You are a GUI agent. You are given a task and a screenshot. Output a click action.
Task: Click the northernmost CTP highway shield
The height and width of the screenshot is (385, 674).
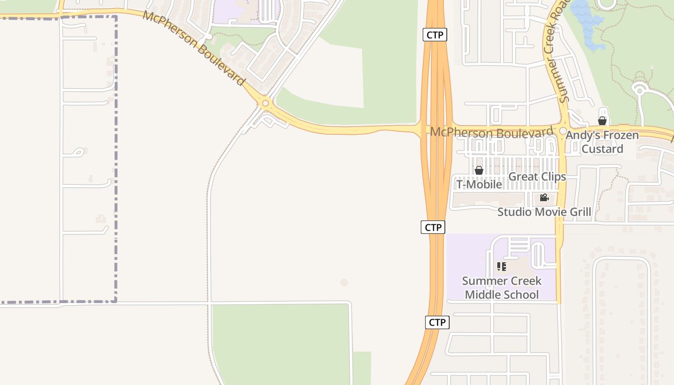click(x=435, y=35)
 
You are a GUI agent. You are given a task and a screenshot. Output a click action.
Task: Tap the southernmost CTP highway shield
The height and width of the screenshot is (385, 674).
click(x=437, y=322)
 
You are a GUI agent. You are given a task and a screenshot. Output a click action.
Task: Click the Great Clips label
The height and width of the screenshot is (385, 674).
click(x=537, y=177)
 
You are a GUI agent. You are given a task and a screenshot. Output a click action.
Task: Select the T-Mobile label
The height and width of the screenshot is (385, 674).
click(x=479, y=184)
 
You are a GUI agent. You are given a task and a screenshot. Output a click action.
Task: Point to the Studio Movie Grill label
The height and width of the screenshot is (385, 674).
click(x=544, y=212)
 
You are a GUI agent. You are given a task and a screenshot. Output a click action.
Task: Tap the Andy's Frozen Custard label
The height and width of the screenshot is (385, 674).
click(x=602, y=142)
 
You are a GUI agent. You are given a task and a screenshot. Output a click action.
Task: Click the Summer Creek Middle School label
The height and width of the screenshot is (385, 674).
click(x=502, y=287)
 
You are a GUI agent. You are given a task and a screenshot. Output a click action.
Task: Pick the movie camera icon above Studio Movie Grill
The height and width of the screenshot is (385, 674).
click(x=544, y=198)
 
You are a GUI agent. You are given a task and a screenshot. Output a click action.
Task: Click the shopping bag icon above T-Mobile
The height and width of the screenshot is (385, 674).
click(x=479, y=170)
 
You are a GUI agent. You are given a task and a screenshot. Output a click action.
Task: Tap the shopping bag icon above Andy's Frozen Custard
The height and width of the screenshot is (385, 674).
click(x=602, y=121)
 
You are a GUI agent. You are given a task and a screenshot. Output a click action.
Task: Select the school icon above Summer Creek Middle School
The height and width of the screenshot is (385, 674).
click(x=502, y=266)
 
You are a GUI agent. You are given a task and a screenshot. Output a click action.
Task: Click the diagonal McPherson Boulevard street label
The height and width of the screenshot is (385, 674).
click(x=194, y=48)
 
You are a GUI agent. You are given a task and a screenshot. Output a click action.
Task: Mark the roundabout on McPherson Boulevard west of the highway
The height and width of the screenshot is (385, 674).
click(x=265, y=103)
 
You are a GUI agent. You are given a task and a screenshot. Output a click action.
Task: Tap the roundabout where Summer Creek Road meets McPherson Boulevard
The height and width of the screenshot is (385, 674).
click(x=563, y=131)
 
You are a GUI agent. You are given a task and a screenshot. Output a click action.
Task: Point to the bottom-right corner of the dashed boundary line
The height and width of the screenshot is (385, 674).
click(x=116, y=302)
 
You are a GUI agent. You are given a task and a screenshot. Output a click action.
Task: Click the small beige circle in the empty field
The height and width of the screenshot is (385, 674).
click(x=344, y=282)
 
